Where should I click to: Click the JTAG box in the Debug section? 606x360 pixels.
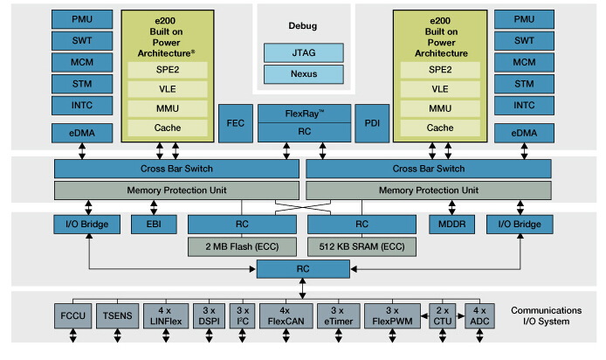point(303,52)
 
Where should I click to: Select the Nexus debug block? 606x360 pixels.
point(303,74)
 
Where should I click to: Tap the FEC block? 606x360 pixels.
point(236,123)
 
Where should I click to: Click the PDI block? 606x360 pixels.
point(370,123)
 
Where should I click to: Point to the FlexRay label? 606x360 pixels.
point(304,114)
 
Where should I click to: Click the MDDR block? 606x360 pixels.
point(451,225)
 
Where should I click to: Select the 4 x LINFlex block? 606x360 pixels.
point(163,315)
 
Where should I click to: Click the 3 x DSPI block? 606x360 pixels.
point(208,315)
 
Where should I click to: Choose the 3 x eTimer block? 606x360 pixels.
point(335,315)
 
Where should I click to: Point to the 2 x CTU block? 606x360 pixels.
point(443,315)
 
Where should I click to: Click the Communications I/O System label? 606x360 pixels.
point(546,315)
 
